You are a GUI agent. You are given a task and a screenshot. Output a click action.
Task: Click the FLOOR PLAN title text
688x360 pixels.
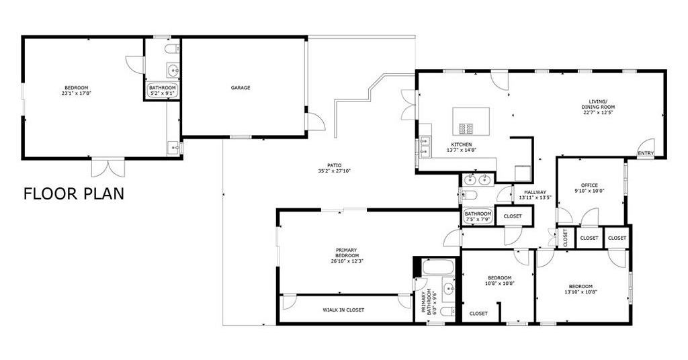click(x=74, y=193)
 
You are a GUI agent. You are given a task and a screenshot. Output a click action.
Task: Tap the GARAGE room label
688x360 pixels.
click(x=241, y=88)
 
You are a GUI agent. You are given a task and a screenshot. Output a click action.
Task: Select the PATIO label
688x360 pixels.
click(x=335, y=165)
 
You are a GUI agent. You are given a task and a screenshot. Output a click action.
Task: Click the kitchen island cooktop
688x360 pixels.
click(x=466, y=128)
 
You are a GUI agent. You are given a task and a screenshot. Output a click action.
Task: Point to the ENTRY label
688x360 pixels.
click(x=646, y=154)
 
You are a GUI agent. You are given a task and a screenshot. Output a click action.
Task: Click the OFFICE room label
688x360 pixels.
click(x=589, y=185)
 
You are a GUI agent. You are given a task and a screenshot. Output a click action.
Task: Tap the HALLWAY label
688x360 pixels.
click(x=535, y=192)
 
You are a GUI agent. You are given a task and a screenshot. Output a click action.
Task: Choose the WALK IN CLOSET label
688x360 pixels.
click(x=343, y=310)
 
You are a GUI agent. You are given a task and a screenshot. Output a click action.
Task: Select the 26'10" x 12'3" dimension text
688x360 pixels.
click(x=347, y=261)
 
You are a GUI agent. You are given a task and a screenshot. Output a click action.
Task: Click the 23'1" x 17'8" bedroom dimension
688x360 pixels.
click(x=77, y=93)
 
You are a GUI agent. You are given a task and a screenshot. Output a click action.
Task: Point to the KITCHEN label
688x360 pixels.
click(x=462, y=144)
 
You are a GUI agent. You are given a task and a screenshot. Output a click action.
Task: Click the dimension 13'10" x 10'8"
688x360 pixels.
click(x=580, y=291)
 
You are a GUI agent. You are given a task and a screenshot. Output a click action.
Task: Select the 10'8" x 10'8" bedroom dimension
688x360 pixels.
click(x=500, y=283)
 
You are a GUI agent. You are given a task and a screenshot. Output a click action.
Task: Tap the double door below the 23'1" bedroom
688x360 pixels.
click(x=108, y=167)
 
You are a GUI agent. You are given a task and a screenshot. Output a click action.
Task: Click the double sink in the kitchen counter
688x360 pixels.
click(x=425, y=146)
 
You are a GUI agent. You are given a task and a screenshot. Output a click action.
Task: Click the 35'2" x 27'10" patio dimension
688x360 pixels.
click(x=335, y=171)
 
